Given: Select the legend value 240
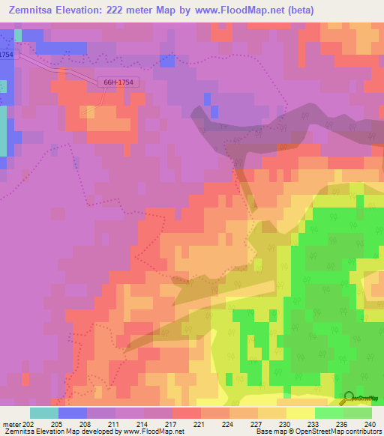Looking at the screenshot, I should point(369,424).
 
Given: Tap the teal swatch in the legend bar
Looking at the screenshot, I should point(43,413).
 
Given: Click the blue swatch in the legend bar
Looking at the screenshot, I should point(72,413).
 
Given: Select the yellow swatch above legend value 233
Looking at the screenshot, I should point(300,413).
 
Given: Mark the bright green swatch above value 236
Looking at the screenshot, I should point(328,413).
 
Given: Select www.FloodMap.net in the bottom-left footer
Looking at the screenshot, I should point(153,432).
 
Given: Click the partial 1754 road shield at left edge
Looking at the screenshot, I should point(7,55).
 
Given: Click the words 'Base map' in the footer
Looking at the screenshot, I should point(268,432).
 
